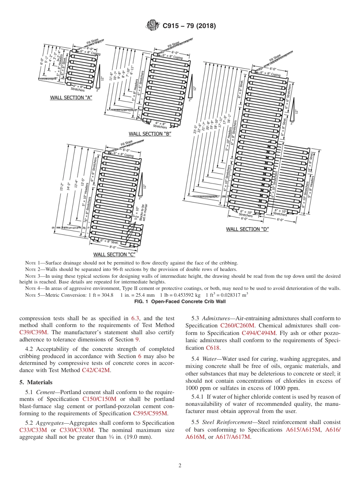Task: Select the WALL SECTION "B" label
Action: pyautogui.click(x=150, y=134)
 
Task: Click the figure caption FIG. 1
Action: pyautogui.click(x=180, y=302)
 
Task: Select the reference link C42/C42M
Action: pyautogui.click(x=96, y=370)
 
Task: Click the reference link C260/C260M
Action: pyautogui.click(x=238, y=326)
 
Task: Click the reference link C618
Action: pyautogui.click(x=212, y=347)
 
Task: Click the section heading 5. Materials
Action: pyautogui.click(x=36, y=382)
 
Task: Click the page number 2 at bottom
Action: pyautogui.click(x=180, y=466)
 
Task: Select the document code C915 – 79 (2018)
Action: pyautogui.click(x=189, y=26)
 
